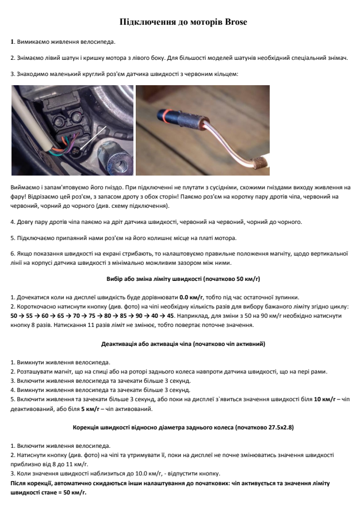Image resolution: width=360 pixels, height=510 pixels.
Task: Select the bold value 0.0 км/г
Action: click(x=192, y=297)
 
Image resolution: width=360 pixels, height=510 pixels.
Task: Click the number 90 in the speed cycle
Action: click(x=137, y=316)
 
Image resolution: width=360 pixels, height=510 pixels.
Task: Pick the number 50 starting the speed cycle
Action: click(x=14, y=316)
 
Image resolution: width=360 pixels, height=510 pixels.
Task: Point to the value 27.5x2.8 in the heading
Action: click(x=272, y=428)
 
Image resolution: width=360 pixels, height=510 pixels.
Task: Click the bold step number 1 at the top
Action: click(x=12, y=42)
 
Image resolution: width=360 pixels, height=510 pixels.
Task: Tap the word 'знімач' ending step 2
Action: click(x=336, y=58)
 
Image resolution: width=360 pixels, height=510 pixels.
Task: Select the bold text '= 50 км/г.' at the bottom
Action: click(x=72, y=493)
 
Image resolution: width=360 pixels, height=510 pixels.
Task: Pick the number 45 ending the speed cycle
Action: click(x=170, y=316)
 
